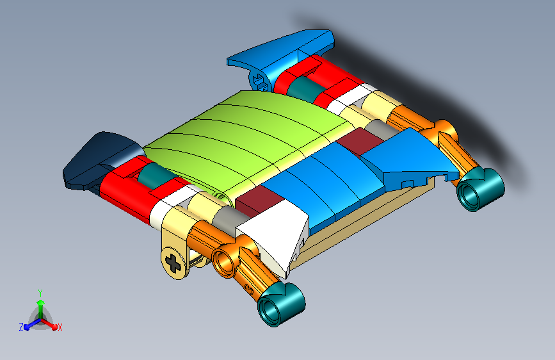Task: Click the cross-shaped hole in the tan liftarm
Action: pyautogui.click(x=173, y=263)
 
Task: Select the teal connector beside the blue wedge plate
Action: pyautogui.click(x=480, y=190)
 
